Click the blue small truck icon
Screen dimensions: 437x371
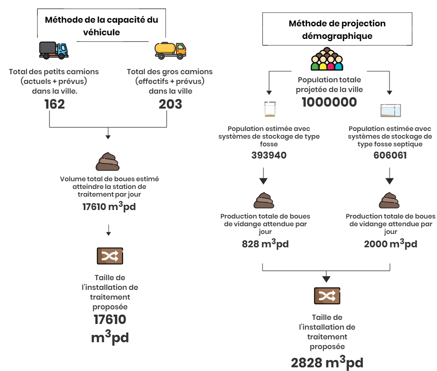(x=54, y=51)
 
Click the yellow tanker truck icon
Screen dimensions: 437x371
(x=171, y=51)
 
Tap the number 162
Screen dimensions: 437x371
(x=55, y=104)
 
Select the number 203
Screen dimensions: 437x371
(x=170, y=104)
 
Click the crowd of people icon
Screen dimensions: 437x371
(x=327, y=59)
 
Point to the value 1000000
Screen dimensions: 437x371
(x=329, y=102)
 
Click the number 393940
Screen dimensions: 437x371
(x=269, y=155)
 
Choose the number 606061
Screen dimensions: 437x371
(x=390, y=155)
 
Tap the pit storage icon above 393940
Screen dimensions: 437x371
(x=270, y=109)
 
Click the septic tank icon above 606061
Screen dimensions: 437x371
(x=391, y=110)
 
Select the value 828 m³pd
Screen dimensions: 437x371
(x=265, y=243)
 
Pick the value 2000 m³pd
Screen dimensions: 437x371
(x=390, y=243)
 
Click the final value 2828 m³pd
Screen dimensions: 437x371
(x=327, y=362)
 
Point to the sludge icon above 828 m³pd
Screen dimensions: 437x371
(x=264, y=200)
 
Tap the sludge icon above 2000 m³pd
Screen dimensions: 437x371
(x=389, y=200)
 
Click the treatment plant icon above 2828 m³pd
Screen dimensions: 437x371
(x=327, y=296)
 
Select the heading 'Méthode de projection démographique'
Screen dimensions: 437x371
(x=337, y=30)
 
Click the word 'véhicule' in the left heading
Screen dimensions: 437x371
(x=101, y=32)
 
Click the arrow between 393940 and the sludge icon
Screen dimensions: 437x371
(x=263, y=176)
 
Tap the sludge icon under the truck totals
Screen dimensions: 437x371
(x=108, y=161)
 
